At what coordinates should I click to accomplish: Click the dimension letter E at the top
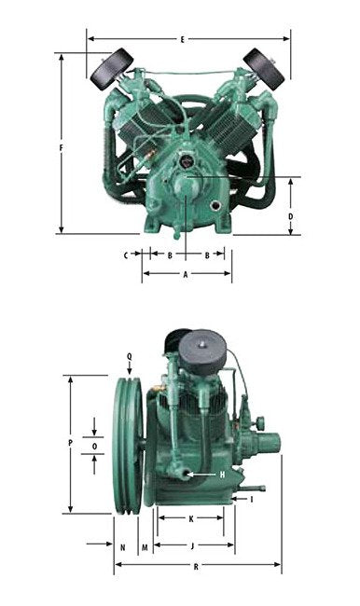coord(183,39)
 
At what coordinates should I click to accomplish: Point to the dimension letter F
coord(61,147)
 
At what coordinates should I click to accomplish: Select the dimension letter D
coord(291,216)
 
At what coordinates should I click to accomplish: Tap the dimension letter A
coord(186,274)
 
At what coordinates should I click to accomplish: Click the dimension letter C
coord(126,255)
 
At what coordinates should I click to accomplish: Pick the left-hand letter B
coord(170,255)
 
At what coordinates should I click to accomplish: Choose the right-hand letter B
coord(207,255)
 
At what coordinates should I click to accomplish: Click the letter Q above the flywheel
coord(129,356)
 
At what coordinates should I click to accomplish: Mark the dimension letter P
coord(70,443)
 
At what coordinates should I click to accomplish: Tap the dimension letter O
coord(95,447)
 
